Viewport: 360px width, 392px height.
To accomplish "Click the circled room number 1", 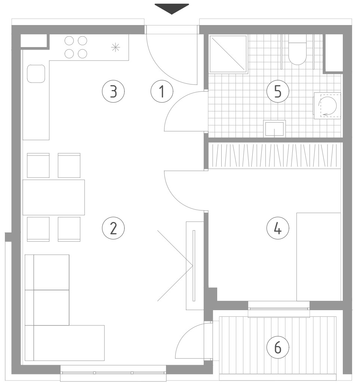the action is tap(162, 91).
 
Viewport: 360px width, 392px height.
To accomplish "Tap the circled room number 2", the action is tap(113, 228).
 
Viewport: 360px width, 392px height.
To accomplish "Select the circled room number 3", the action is tap(113, 91).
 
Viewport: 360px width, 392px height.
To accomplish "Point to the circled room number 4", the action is tap(278, 228).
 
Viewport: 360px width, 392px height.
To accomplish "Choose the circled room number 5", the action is tap(278, 91).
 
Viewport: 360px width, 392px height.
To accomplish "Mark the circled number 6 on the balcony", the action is tap(278, 347).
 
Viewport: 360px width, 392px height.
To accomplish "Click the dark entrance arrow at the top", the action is tap(172, 9).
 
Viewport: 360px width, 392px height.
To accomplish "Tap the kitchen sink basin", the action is tap(36, 74).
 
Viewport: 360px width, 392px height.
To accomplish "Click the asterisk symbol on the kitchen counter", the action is tap(116, 47).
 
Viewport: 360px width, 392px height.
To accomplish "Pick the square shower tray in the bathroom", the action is tap(228, 54).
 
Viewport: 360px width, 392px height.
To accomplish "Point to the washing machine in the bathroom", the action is tap(327, 106).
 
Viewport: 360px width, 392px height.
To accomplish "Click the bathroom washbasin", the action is tap(274, 129).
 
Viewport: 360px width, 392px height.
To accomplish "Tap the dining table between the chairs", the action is tap(53, 197).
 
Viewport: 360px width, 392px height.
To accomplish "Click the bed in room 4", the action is tap(319, 257).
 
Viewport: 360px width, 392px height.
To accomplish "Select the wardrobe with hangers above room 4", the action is tap(275, 155).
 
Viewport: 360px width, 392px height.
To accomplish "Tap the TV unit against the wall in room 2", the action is tap(194, 265).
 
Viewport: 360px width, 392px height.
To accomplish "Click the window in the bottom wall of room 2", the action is tap(113, 373).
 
